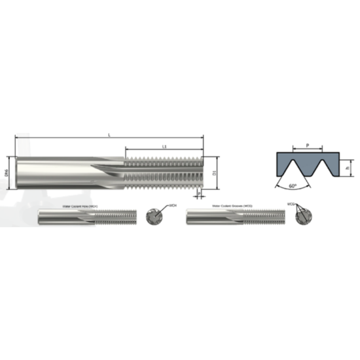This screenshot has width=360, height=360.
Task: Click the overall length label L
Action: coord(109,134)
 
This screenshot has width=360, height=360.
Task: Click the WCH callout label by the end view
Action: coord(173,205)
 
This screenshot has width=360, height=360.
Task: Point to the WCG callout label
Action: coord(291,204)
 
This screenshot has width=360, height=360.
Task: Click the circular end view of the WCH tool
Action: coord(155,216)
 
